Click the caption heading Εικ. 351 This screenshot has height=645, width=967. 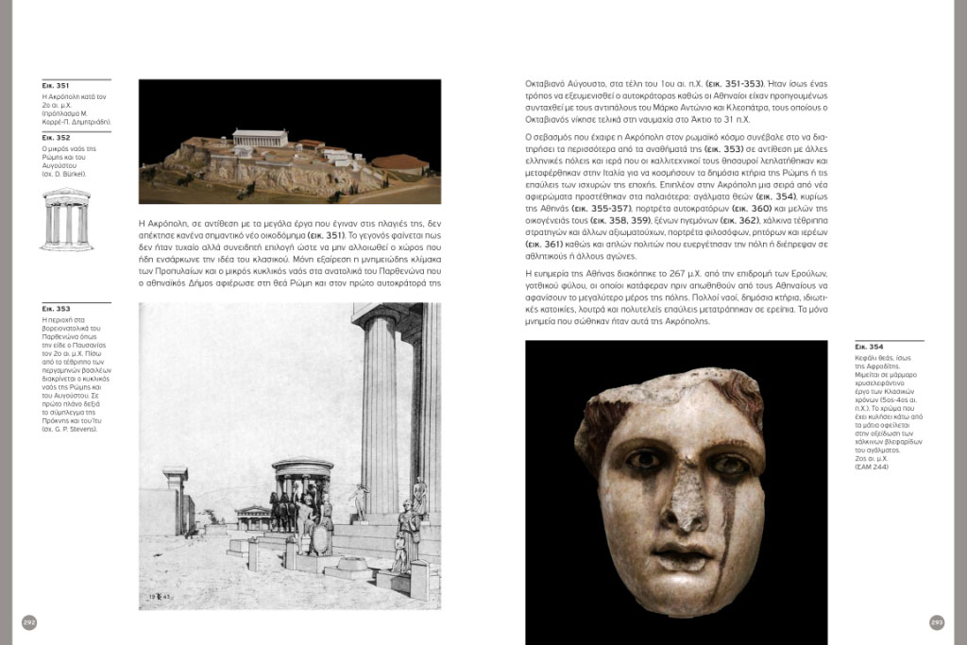[x=56, y=86]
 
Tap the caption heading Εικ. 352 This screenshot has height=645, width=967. [x=56, y=138]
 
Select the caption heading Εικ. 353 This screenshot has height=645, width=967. [x=56, y=309]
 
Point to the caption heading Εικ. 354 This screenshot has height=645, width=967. [x=870, y=348]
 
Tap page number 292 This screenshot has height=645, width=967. [x=28, y=622]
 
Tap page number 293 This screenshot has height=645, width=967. [x=937, y=622]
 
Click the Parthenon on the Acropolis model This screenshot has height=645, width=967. [x=260, y=138]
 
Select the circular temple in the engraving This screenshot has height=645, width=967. [x=301, y=491]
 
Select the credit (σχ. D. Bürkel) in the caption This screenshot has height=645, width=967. [x=65, y=174]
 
